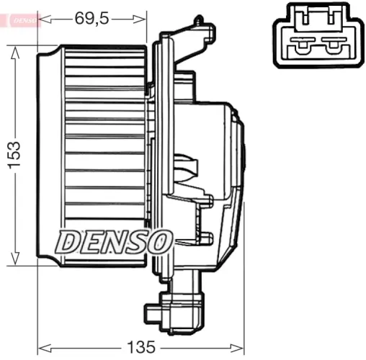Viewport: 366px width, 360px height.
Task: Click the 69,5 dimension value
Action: click(91, 19)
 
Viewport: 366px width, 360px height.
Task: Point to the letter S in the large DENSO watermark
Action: click(137, 242)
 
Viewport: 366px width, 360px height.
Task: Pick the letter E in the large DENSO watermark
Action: click(91, 242)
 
